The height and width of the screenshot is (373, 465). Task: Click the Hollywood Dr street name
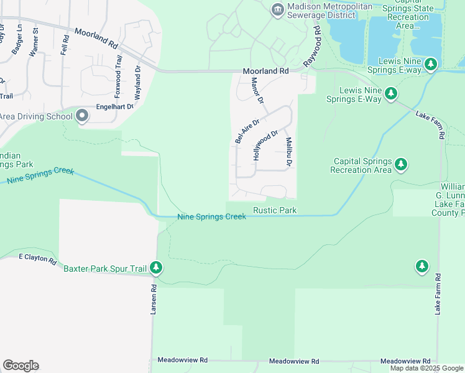265,145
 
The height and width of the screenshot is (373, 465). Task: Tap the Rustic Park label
275,211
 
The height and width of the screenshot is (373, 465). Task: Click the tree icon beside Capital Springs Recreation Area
402,164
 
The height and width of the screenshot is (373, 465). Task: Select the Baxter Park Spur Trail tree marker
156,268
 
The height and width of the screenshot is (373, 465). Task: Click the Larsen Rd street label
154,300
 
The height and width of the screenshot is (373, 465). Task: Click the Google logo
21,366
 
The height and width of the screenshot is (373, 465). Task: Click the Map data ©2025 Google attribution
426,368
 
